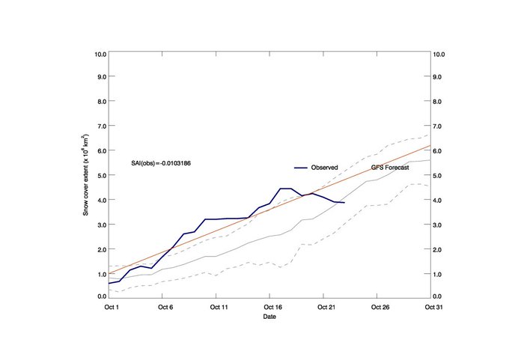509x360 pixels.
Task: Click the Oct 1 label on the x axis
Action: (x=112, y=307)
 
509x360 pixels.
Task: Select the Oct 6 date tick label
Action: (x=165, y=307)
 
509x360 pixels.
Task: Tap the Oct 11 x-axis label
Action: (x=219, y=307)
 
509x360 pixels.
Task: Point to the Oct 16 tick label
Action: (x=273, y=307)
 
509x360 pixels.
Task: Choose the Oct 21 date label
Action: (x=326, y=307)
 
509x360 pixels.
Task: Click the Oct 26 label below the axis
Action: (x=380, y=307)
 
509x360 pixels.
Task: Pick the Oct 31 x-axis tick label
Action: (x=434, y=307)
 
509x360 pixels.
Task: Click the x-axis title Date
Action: (x=269, y=317)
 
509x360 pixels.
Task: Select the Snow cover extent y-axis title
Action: (x=85, y=175)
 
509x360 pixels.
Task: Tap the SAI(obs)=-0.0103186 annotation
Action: (x=161, y=163)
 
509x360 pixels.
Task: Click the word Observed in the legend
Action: (x=325, y=168)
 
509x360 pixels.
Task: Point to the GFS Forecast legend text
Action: (x=390, y=168)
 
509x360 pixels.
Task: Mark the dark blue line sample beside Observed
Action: (x=301, y=168)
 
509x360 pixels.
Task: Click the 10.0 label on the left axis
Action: (x=100, y=54)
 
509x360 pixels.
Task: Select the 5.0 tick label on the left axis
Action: (x=103, y=176)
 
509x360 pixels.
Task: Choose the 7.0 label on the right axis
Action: (x=437, y=126)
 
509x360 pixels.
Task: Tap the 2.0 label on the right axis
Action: (x=437, y=250)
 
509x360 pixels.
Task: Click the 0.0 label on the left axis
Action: (x=103, y=296)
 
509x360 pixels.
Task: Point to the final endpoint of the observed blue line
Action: (x=344, y=203)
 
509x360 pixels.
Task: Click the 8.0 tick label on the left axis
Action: (x=103, y=102)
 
